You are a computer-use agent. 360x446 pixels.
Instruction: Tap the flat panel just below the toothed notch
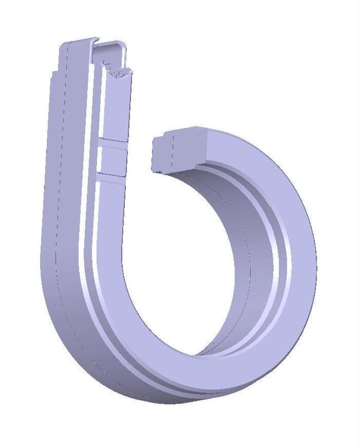[x=117, y=106]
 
